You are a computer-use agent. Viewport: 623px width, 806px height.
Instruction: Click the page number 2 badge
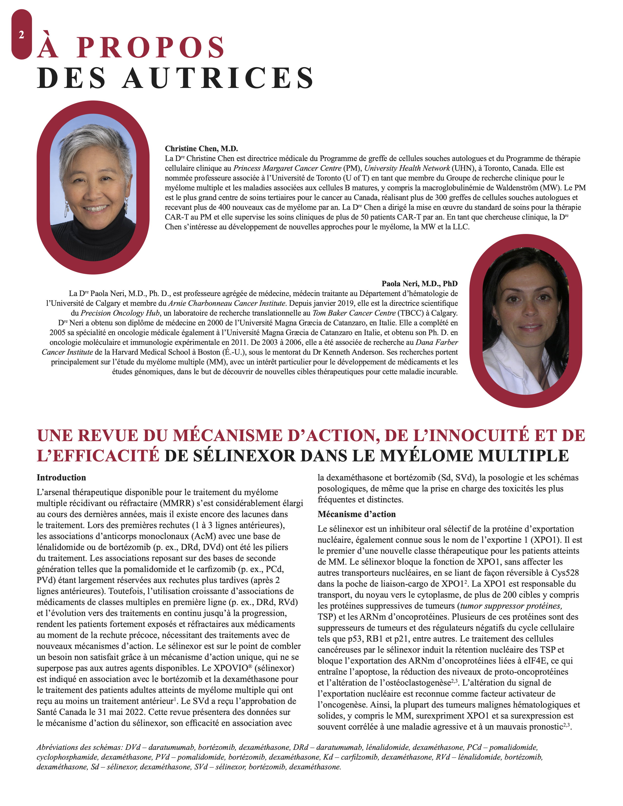(x=21, y=35)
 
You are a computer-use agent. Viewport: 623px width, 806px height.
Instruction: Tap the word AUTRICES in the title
(x=218, y=78)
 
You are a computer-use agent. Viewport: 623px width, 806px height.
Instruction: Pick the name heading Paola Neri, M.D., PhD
(x=419, y=283)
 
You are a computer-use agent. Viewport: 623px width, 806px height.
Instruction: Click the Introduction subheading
(x=61, y=477)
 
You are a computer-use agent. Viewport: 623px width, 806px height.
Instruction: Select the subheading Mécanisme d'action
(x=356, y=514)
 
